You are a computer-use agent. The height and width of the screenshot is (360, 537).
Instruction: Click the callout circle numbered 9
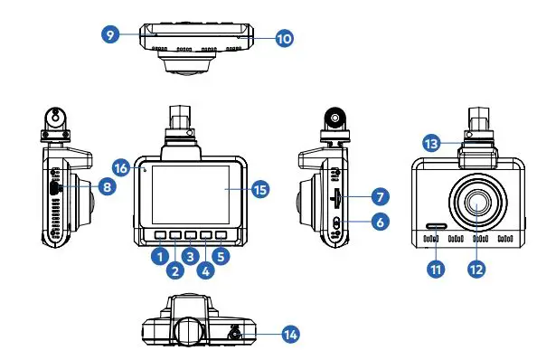point(110,33)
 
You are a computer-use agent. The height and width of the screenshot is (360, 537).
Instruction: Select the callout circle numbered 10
point(284,38)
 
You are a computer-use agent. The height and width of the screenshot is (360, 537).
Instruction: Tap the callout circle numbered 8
point(107,188)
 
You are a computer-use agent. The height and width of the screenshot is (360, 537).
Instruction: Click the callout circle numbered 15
point(260,189)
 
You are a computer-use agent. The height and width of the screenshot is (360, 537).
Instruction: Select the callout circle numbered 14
point(290,335)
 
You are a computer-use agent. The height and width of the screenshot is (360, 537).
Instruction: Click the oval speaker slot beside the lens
point(436,228)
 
